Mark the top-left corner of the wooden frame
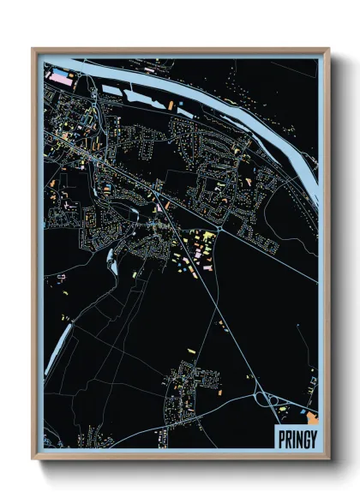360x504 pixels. tap(33, 49)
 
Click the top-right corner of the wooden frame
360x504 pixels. tap(328, 49)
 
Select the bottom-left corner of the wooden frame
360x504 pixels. tap(33, 460)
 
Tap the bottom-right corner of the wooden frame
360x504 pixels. tap(328, 460)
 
